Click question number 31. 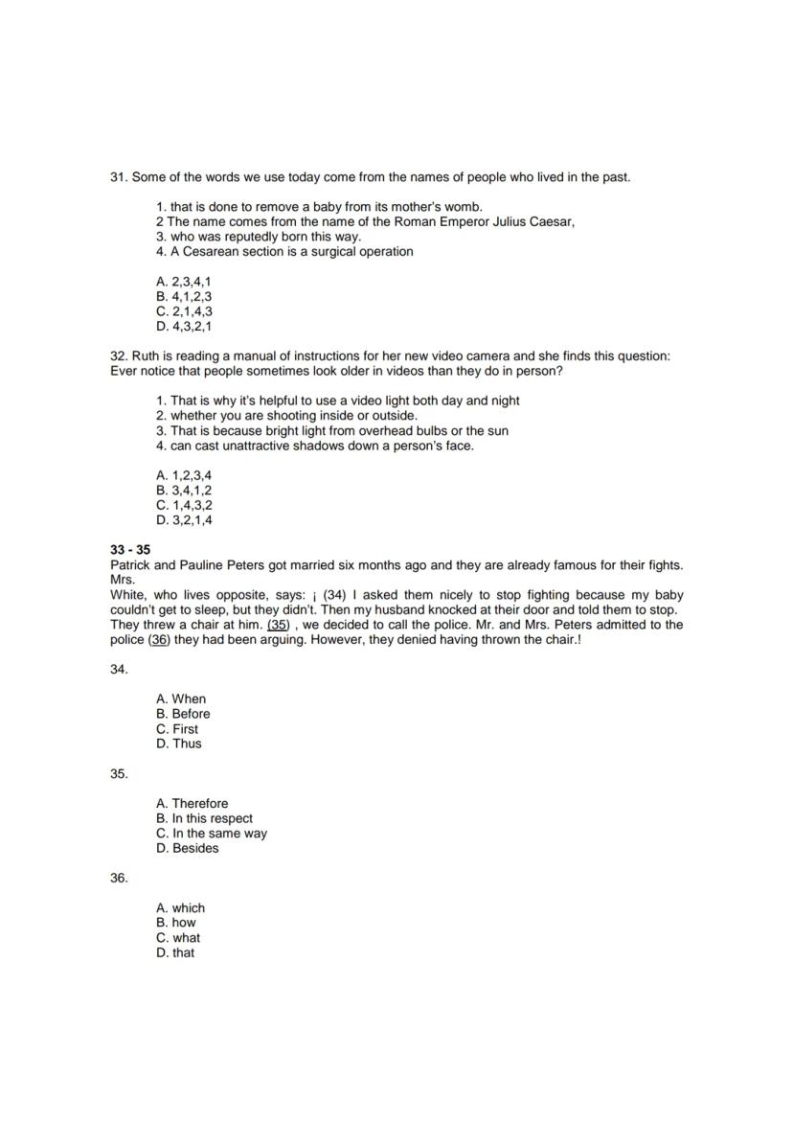pyautogui.click(x=119, y=177)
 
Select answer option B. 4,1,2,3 pyautogui.click(x=183, y=296)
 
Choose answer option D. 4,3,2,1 pyautogui.click(x=183, y=326)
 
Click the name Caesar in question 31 pyautogui.click(x=552, y=222)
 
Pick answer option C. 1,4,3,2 pyautogui.click(x=184, y=505)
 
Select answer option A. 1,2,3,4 pyautogui.click(x=184, y=475)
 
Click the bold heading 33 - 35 pyautogui.click(x=130, y=551)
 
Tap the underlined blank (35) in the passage pyautogui.click(x=278, y=625)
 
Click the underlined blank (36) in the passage pyautogui.click(x=159, y=640)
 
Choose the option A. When pyautogui.click(x=181, y=699)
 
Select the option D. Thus pyautogui.click(x=179, y=744)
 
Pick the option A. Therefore pyautogui.click(x=192, y=804)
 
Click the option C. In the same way pyautogui.click(x=212, y=834)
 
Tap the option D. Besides pyautogui.click(x=187, y=848)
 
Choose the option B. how pyautogui.click(x=176, y=923)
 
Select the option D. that pyautogui.click(x=175, y=952)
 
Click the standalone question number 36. pyautogui.click(x=119, y=879)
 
